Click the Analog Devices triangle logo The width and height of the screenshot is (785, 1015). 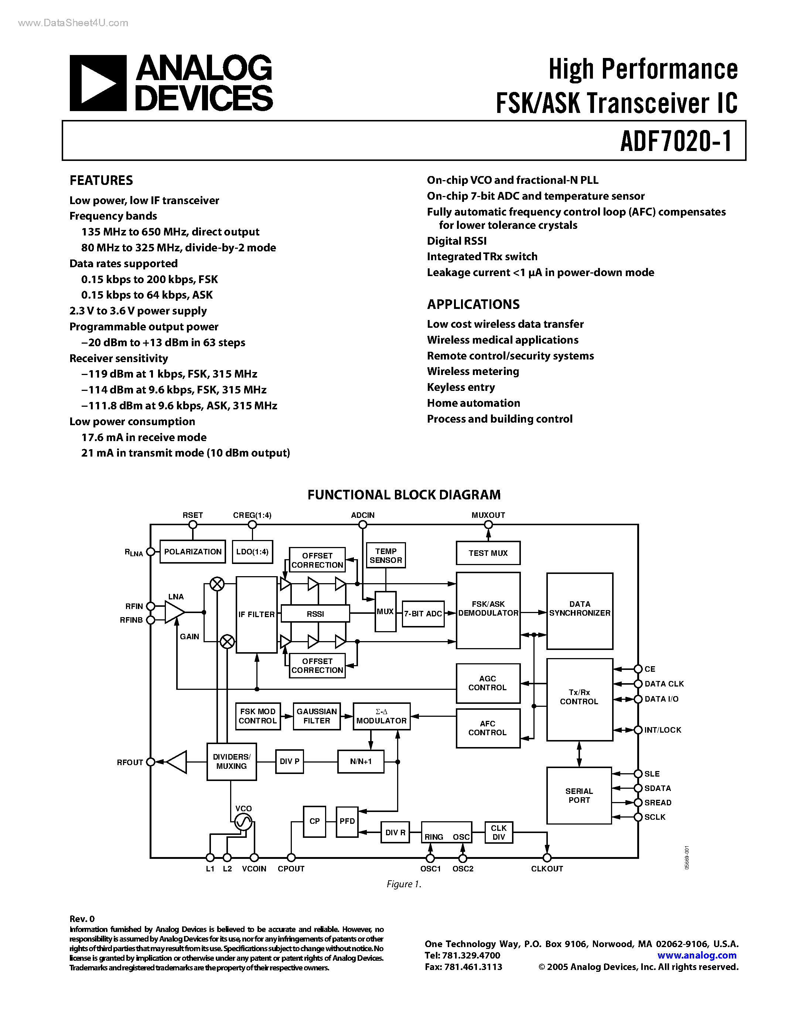point(98,83)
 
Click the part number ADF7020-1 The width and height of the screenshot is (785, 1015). point(676,141)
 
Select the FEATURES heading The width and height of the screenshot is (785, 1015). point(101,180)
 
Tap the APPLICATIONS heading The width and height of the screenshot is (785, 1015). point(473,304)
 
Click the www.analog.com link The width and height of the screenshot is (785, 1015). point(696,955)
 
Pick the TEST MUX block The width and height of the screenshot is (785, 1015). point(488,553)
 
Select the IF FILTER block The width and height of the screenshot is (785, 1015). point(256,615)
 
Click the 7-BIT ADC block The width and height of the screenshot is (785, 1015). point(423,613)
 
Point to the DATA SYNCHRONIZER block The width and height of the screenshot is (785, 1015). point(580,609)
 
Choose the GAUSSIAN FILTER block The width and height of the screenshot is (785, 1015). point(317,716)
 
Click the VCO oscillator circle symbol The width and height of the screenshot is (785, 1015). point(243,822)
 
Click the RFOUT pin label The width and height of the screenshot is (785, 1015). point(130,763)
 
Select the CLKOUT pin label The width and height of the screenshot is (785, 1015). point(547,868)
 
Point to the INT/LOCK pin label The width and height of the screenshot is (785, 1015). point(663,730)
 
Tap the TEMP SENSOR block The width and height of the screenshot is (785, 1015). point(386,555)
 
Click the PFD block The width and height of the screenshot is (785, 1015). point(347,821)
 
